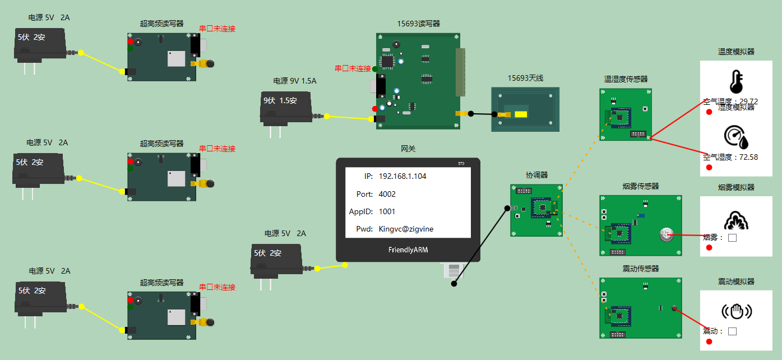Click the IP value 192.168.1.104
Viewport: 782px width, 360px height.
[402, 176]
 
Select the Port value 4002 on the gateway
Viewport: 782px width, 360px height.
[387, 194]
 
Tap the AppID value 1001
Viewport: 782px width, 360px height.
[387, 211]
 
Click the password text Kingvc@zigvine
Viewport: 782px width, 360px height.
[406, 229]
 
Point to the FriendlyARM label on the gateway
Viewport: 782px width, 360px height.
[408, 250]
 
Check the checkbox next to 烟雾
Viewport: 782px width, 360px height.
[732, 238]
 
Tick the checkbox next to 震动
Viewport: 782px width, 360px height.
[732, 331]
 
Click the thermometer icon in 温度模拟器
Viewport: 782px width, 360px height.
[736, 81]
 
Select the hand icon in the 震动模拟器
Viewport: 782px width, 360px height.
[736, 311]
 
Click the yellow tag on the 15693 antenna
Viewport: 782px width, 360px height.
[520, 114]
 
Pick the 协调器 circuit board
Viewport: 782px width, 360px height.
[536, 210]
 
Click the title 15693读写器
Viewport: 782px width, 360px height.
[418, 24]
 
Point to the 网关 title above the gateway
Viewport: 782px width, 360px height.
[408, 149]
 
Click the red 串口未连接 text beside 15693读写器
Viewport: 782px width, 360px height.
[353, 68]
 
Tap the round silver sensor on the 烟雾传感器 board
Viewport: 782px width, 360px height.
[666, 234]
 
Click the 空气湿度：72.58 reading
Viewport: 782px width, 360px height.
[730, 157]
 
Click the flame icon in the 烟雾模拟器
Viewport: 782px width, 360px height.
[736, 220]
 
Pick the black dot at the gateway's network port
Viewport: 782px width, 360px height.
[454, 284]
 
